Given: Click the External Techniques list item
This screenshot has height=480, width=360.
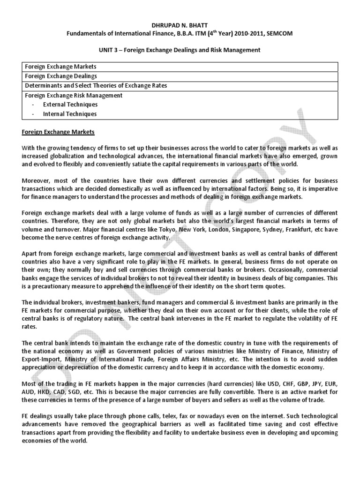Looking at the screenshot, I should click(70, 104).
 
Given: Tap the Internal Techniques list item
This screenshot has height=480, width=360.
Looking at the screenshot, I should click(70, 113).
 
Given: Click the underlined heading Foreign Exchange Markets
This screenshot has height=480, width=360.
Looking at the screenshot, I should click(58, 132).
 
